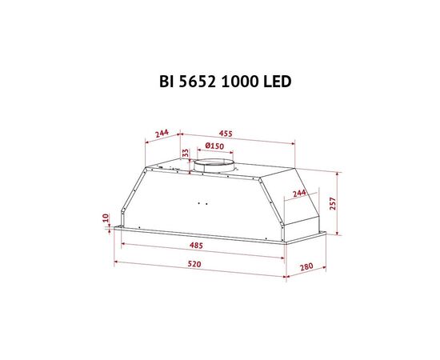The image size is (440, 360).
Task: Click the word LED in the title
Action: (x=277, y=82)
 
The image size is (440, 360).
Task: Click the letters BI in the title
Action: (x=166, y=82)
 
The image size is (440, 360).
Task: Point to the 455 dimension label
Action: (x=226, y=134)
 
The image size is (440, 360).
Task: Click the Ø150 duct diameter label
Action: (x=214, y=146)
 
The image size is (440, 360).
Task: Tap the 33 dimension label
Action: (x=186, y=154)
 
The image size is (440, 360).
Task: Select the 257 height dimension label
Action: (x=333, y=203)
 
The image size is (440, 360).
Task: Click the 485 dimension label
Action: (x=196, y=246)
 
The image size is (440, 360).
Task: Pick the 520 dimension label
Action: (x=194, y=264)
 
